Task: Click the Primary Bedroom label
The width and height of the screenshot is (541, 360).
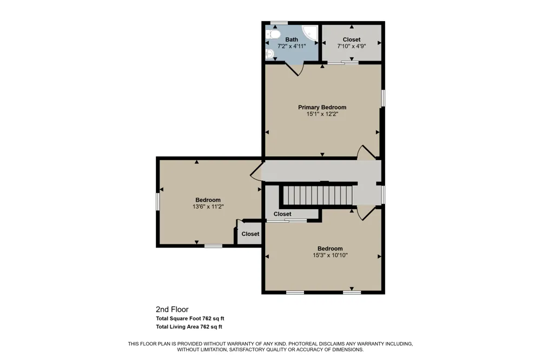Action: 322,107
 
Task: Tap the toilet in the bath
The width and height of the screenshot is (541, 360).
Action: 273,35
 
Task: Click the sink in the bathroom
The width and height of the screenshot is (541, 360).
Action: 270,54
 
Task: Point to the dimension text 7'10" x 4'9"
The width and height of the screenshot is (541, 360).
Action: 351,46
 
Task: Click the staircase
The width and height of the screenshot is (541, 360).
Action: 318,196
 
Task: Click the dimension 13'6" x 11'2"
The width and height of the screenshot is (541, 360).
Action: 208,206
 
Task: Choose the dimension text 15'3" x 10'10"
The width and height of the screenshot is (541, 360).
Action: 330,255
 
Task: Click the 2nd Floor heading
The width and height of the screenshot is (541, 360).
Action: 172,309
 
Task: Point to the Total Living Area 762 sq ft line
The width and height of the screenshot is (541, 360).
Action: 189,326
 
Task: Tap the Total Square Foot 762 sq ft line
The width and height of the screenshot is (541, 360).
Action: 190,318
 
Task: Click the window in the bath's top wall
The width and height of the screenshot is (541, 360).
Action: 279,23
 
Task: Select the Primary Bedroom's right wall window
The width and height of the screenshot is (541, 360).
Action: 382,98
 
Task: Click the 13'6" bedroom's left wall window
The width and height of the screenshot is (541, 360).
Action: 157,202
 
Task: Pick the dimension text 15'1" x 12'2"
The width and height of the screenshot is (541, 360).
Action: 322,114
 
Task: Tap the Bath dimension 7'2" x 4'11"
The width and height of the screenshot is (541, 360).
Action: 292,46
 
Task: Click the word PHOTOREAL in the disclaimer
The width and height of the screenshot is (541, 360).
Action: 302,344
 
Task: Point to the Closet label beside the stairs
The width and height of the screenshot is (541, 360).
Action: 282,214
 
